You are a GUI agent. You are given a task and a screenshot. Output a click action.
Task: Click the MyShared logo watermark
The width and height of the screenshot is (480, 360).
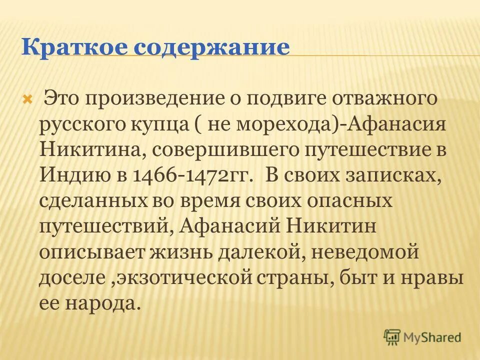tap(422, 337)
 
